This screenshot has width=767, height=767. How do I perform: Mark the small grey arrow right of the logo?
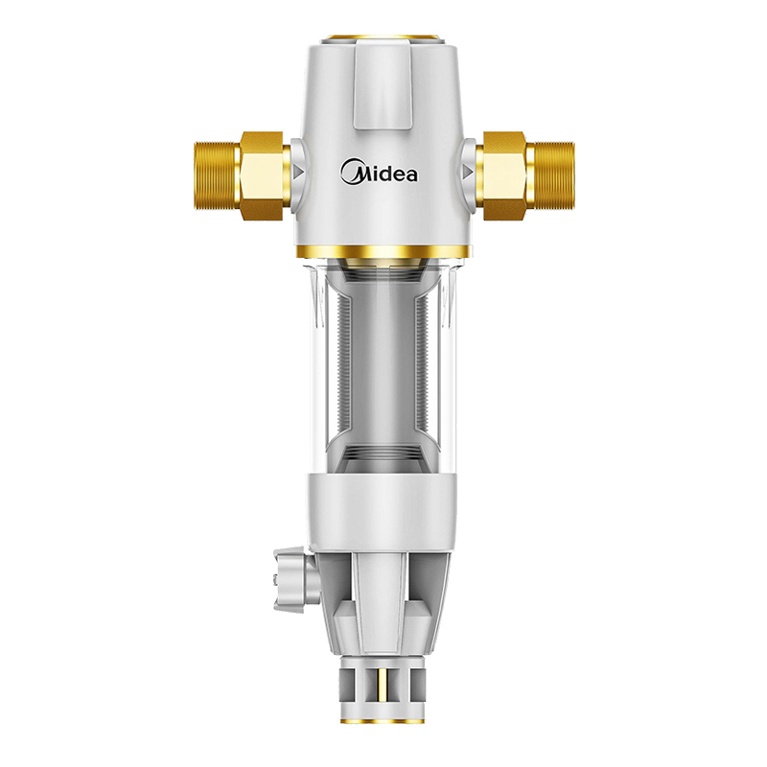[x=467, y=174]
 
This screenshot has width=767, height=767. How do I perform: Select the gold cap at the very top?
[x=383, y=40]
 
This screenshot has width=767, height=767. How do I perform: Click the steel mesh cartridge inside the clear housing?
[x=383, y=364]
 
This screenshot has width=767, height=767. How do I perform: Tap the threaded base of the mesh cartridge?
[x=383, y=455]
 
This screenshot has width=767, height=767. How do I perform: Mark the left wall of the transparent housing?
[x=320, y=374]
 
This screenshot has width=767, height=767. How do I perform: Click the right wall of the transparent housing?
[x=448, y=374]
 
